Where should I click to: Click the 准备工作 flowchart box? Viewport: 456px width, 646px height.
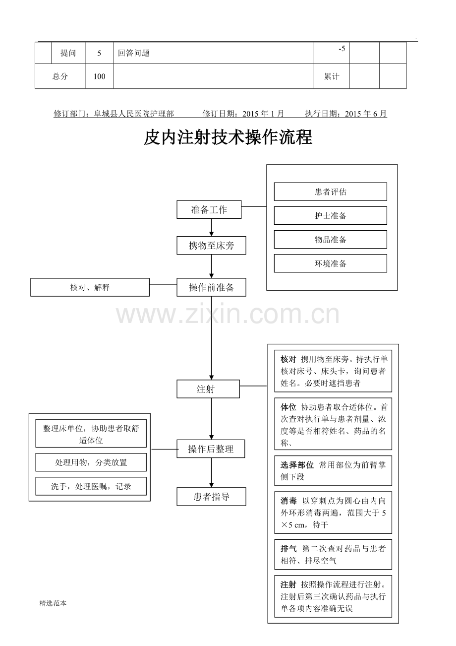(x=209, y=209)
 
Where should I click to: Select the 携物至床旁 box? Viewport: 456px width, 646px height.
(x=211, y=246)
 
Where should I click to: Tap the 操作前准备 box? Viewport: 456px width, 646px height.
(x=211, y=287)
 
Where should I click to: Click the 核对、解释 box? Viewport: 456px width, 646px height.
(x=90, y=287)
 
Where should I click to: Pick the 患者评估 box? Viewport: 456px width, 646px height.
(x=331, y=192)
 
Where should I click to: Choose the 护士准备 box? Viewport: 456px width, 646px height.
(x=331, y=215)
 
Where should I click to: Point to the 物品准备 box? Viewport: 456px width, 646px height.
(x=331, y=239)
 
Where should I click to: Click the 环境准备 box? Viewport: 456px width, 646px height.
(x=331, y=263)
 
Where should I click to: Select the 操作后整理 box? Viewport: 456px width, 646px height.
(x=211, y=449)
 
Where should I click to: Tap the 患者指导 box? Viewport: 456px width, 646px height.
(x=211, y=497)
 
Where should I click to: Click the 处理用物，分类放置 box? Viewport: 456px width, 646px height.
(x=91, y=462)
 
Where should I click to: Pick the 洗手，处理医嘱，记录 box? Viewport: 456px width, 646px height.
(x=91, y=486)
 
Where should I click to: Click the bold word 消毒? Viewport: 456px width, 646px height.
(x=288, y=501)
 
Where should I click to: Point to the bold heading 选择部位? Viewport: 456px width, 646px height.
(x=297, y=465)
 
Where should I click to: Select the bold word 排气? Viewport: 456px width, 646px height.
(x=288, y=549)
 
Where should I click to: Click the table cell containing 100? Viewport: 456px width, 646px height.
(x=99, y=76)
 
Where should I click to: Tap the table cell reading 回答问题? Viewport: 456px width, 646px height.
(x=214, y=53)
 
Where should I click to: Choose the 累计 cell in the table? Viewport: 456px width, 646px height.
(x=332, y=76)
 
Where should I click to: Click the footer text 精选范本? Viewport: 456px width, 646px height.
(x=53, y=603)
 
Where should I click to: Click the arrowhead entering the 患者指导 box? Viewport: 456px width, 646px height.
(x=211, y=485)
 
